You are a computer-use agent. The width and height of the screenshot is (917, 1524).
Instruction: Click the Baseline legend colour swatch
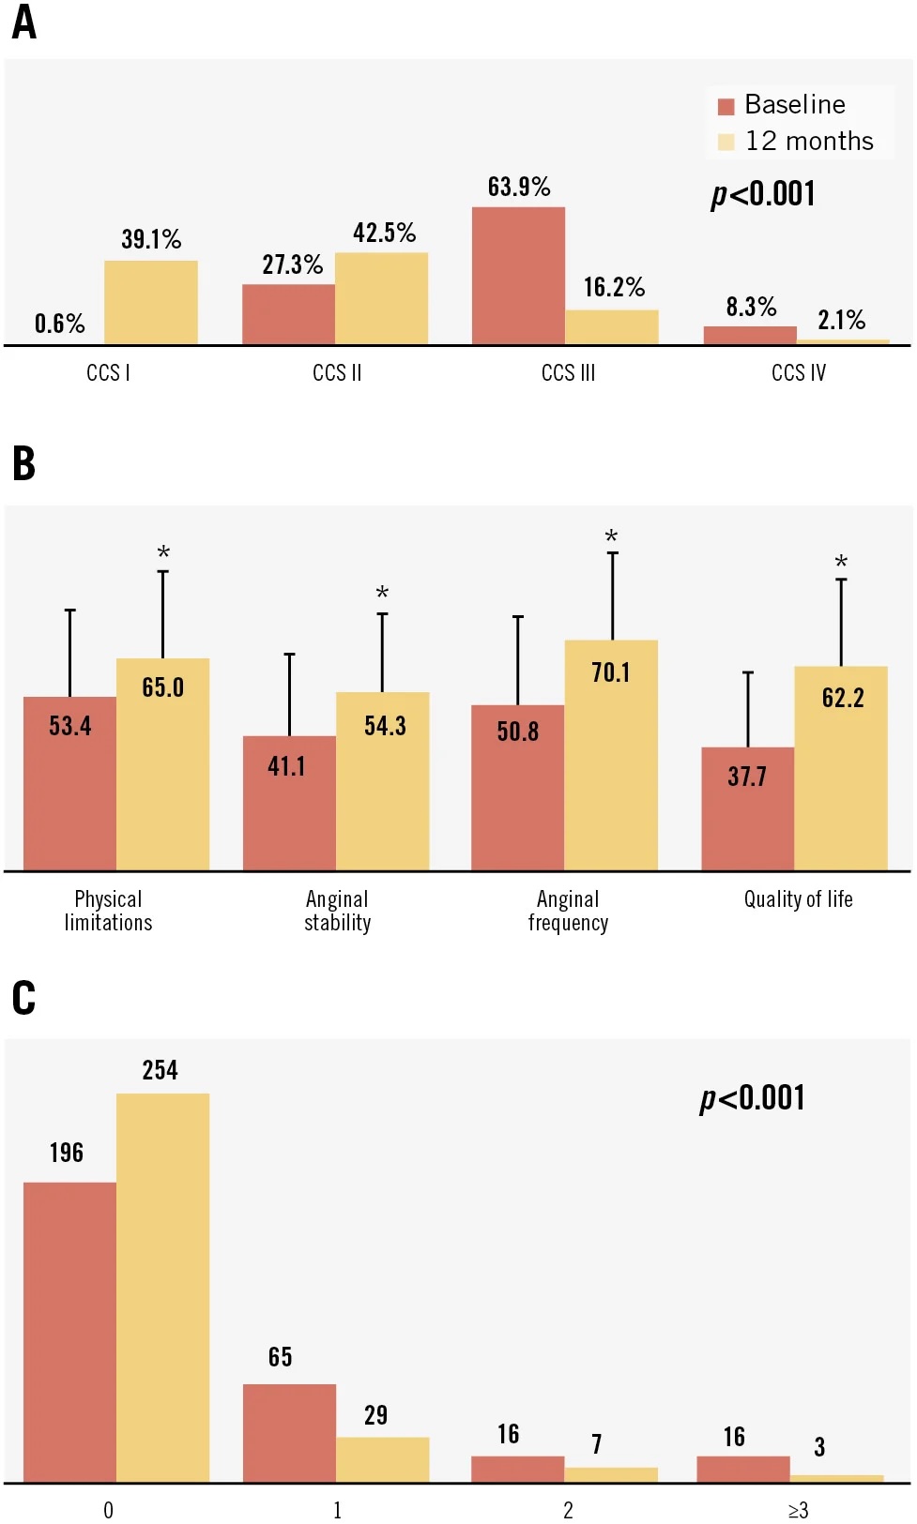click(726, 106)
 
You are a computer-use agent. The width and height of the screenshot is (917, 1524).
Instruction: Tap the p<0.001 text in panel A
click(762, 194)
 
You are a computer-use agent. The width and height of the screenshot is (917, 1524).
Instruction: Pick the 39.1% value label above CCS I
click(151, 239)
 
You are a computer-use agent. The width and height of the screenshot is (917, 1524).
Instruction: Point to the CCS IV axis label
click(798, 373)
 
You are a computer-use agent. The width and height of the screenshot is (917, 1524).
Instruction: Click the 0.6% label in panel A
click(59, 324)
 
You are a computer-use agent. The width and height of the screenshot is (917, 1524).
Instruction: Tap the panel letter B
click(23, 463)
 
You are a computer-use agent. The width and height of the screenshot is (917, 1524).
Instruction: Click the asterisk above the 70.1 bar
click(611, 536)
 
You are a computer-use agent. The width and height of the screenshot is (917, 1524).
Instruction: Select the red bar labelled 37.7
click(747, 808)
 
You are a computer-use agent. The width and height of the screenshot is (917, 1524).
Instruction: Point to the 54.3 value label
click(385, 726)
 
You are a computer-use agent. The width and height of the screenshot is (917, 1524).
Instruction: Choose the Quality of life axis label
click(798, 899)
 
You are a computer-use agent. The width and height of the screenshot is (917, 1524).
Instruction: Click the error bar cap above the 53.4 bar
click(69, 611)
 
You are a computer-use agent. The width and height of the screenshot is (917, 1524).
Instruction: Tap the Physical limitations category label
click(108, 911)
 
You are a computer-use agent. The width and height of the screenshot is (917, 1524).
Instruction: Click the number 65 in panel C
click(280, 1357)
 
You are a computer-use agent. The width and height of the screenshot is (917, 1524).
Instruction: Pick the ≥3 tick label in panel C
click(798, 1510)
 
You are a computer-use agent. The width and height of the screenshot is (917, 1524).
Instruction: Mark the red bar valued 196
click(69, 1332)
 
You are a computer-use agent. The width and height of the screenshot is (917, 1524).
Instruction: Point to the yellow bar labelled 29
click(382, 1459)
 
